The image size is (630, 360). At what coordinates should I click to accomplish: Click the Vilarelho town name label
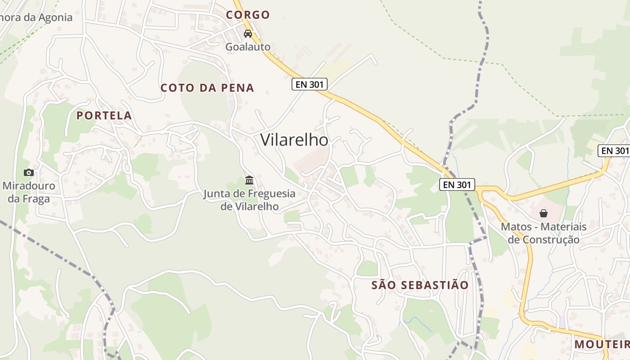coord(294,140)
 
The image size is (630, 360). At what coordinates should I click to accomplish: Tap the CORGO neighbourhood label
coord(248,15)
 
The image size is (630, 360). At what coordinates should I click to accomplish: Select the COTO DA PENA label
coord(207,88)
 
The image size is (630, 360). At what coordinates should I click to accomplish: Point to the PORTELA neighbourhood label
coord(104,116)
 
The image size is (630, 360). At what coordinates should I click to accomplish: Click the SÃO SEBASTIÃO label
coord(420,285)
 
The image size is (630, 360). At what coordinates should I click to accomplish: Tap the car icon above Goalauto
coord(248,34)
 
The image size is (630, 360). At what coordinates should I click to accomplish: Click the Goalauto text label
coord(248,47)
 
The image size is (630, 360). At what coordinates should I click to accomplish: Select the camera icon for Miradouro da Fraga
coord(29,172)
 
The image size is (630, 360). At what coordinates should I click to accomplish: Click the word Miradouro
coord(29,186)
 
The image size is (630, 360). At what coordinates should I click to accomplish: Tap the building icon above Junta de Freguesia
coord(249,180)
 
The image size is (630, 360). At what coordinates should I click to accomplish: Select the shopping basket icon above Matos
coord(544,213)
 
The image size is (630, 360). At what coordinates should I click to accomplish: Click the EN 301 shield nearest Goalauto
coord(309,84)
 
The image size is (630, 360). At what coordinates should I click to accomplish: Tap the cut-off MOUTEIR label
coord(602,345)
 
